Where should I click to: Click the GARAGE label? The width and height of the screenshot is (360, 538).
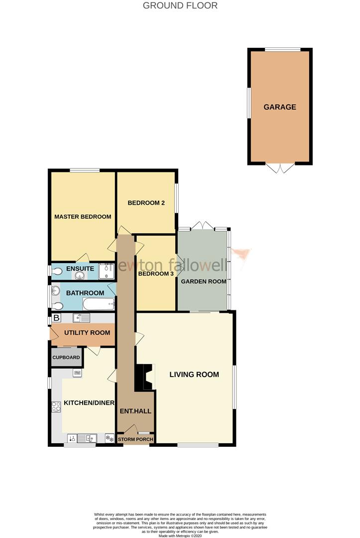tap(280, 107)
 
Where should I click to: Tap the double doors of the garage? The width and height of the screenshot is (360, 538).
tap(280, 168)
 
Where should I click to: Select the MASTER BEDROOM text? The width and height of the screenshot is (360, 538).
tap(83, 217)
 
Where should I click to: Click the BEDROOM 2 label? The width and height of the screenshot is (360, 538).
tap(146, 203)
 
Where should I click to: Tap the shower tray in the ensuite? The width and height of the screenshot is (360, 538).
tap(107, 271)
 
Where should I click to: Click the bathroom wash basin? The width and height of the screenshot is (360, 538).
tap(56, 290)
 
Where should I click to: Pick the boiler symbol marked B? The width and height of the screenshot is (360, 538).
tap(56, 318)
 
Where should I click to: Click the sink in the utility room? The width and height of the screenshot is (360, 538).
tap(81, 318)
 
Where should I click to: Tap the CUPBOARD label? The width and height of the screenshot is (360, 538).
tap(67, 358)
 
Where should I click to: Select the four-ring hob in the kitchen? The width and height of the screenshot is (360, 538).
tap(56, 406)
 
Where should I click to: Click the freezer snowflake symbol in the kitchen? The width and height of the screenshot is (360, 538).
tap(109, 438)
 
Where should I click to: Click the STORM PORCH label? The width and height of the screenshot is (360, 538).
tap(135, 439)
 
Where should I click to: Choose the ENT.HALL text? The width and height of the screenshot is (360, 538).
tap(135, 411)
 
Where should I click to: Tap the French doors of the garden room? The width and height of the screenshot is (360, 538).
tap(203, 226)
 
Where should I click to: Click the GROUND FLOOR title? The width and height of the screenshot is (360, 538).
tap(180, 6)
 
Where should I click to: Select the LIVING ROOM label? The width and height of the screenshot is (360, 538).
tap(194, 375)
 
